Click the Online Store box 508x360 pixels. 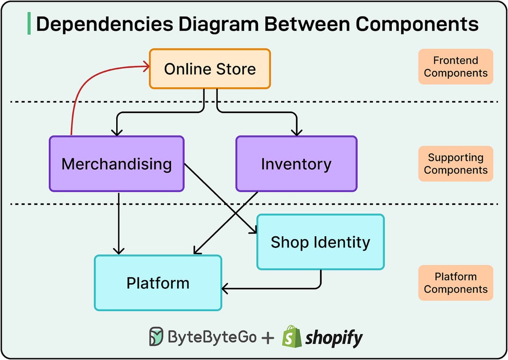point(209,69)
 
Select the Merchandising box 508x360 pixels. point(116,164)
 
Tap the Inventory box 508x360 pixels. point(296,164)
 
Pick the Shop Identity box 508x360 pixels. point(321,242)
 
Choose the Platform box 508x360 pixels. point(158,283)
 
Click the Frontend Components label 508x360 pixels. point(456,67)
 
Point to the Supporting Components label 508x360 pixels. point(456,164)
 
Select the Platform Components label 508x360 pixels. point(456,283)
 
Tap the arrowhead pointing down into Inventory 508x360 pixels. point(296,132)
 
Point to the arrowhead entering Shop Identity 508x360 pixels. point(254,230)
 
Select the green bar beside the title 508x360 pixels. point(29,24)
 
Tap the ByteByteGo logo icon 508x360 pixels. point(157,337)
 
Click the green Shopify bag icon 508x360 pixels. point(291,336)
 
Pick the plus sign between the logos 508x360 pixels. point(268,337)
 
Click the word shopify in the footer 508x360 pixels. point(334,337)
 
